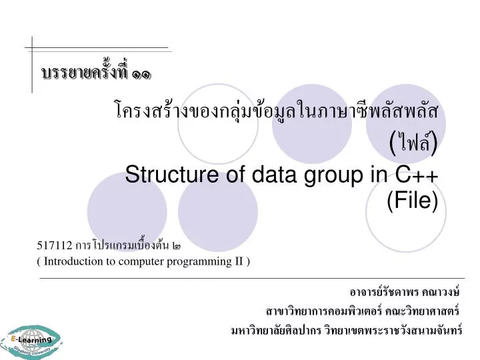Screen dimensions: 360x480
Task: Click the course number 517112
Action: coord(55,245)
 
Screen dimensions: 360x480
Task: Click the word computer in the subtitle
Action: coord(145,261)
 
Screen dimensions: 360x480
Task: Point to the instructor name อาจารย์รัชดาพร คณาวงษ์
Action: coord(405,293)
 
